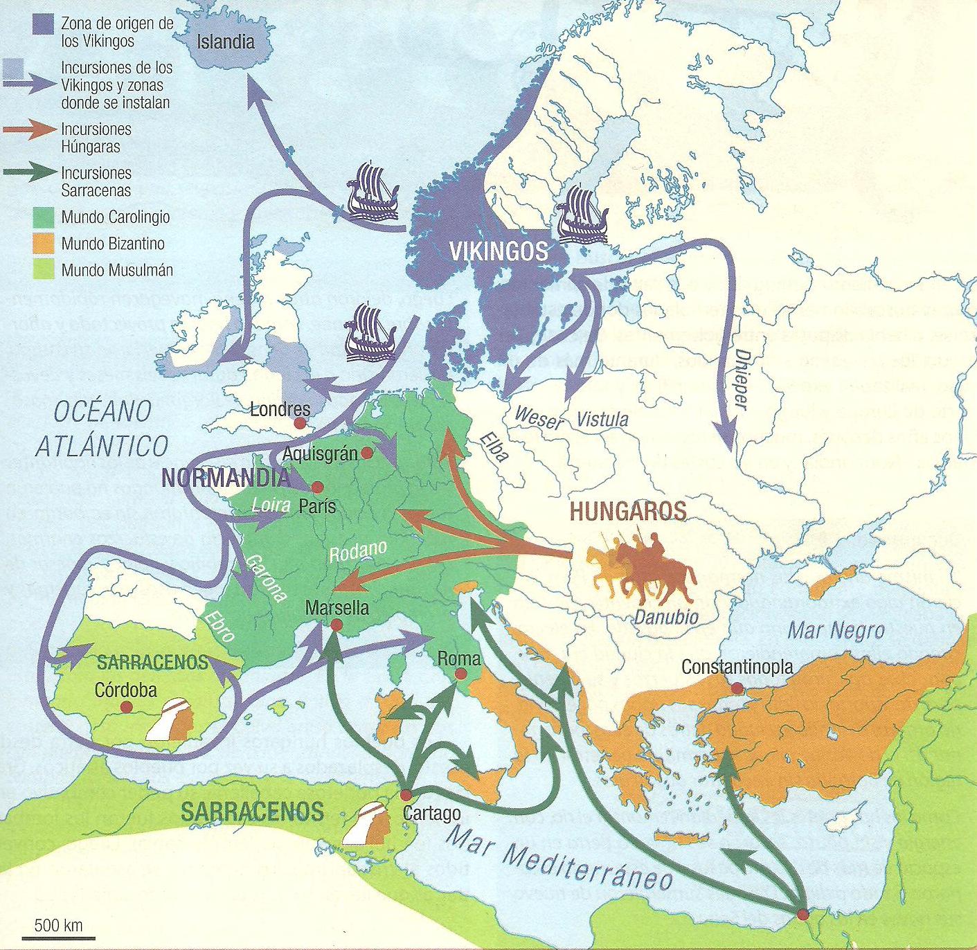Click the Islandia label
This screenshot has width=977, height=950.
[x=226, y=42]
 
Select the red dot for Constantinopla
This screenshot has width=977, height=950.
[x=737, y=688]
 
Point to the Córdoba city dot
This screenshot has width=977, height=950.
[x=127, y=707]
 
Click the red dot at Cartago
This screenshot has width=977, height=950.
[x=406, y=794]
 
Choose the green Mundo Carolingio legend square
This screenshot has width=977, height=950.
[x=44, y=217]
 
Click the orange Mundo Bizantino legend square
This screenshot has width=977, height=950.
[x=44, y=244]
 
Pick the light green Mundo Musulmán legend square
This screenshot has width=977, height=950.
[x=44, y=269]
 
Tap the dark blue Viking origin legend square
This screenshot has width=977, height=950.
[x=44, y=26]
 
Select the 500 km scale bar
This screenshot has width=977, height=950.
[x=58, y=936]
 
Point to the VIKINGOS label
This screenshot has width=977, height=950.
[x=499, y=251]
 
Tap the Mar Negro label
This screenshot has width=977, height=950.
[x=836, y=631]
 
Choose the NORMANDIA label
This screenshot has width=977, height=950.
[x=225, y=478]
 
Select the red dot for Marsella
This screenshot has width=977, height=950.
[x=337, y=625]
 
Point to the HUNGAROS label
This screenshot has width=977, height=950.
[x=627, y=512]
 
